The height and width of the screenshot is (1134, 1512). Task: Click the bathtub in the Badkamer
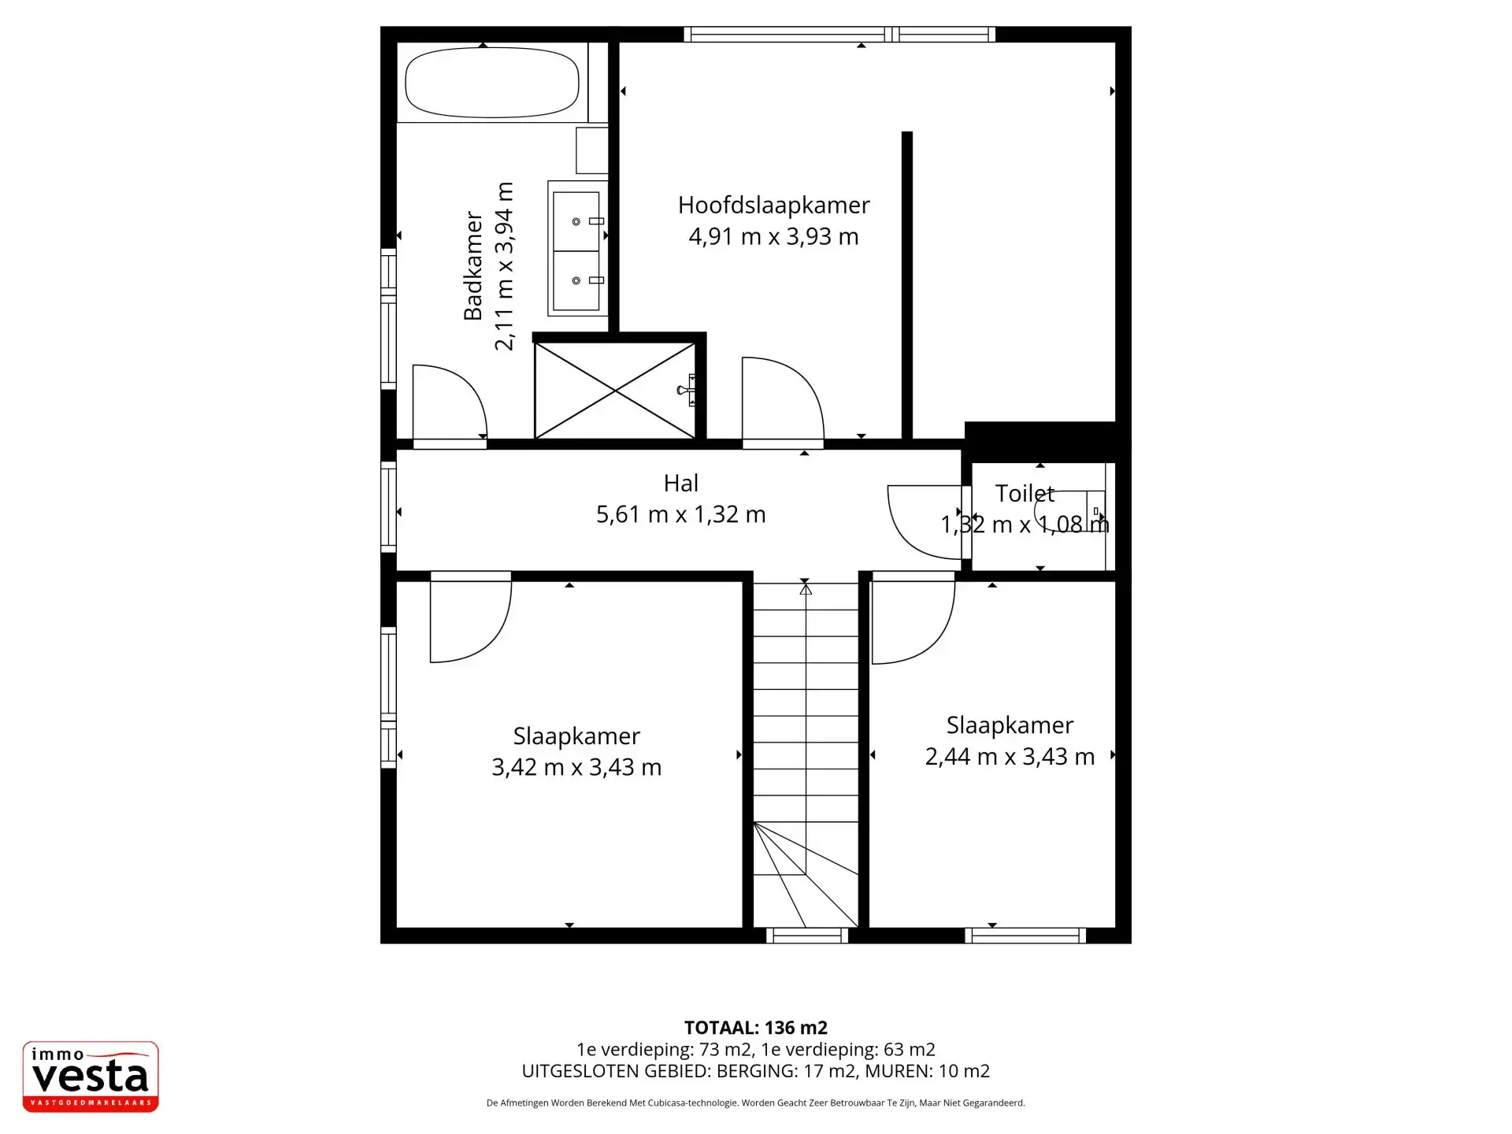tap(491, 83)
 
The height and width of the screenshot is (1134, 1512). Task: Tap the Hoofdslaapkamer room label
tap(773, 206)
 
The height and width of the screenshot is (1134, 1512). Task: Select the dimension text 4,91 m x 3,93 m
tap(773, 236)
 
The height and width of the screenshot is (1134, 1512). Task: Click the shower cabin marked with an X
tap(614, 390)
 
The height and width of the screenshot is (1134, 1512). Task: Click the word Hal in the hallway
tap(680, 483)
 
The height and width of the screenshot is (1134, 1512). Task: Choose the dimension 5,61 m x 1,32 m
tap(680, 514)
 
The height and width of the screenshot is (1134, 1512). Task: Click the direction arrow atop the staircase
tap(805, 587)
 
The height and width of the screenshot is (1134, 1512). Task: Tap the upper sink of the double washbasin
tap(577, 221)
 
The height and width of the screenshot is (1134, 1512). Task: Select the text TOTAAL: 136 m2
tap(755, 1028)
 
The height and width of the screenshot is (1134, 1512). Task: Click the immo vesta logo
tap(91, 1077)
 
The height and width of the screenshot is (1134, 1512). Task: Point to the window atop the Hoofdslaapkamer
tap(839, 34)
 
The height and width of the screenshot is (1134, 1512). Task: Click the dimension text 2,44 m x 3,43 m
tap(1010, 757)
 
